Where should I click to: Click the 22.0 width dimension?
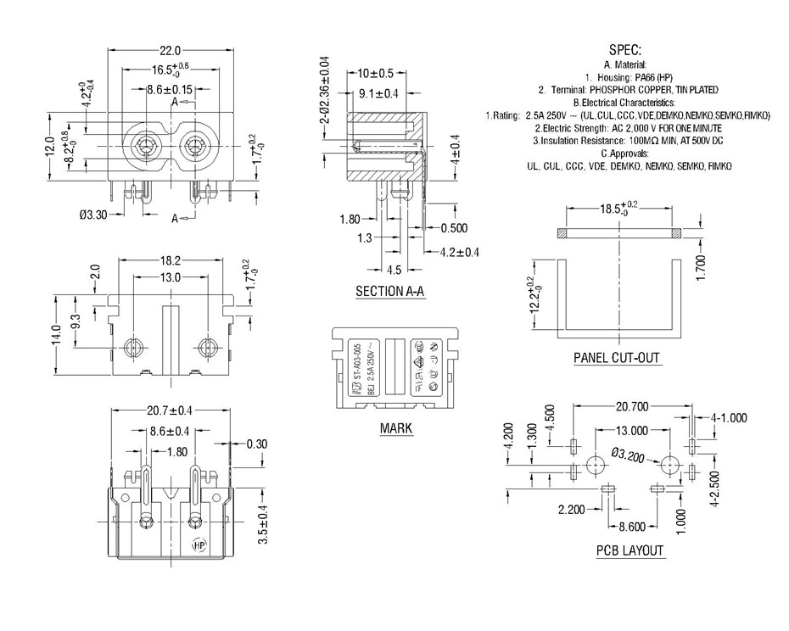(x=171, y=50)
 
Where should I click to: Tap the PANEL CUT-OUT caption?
(x=617, y=358)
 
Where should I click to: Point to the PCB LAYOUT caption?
(x=630, y=550)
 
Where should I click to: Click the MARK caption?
(x=396, y=428)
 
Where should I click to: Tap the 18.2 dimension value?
(x=171, y=261)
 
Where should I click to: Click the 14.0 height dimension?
(x=57, y=335)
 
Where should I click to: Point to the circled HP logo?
(x=200, y=546)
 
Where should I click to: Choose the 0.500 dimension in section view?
(x=454, y=229)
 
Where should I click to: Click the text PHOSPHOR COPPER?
(x=637, y=89)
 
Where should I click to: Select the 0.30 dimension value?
(x=255, y=444)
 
